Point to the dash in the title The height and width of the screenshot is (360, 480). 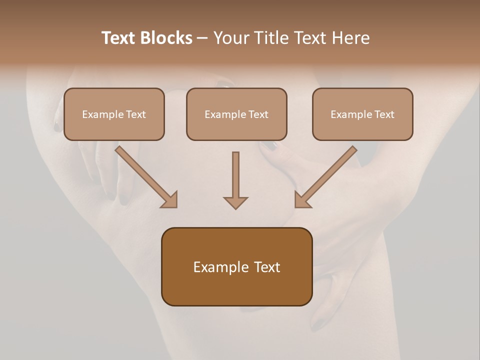point(203,38)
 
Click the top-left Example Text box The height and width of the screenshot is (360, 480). point(114,114)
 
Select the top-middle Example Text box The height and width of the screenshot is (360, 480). point(236,114)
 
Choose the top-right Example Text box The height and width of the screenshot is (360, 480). point(362,114)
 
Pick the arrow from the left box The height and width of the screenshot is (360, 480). point(145,175)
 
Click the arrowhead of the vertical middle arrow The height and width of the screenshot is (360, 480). point(235,202)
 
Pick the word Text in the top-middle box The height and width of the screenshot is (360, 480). point(258,114)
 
